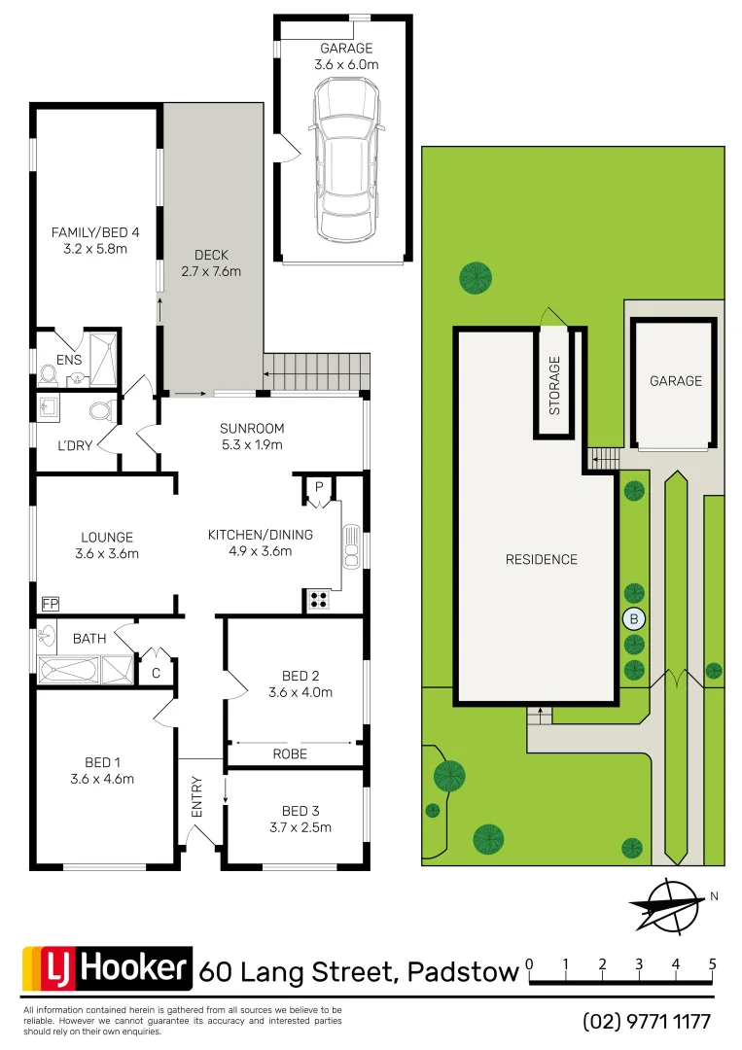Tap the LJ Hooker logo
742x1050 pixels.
pos(106,967)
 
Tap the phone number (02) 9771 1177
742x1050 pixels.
pos(647,1022)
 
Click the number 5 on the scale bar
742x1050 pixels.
pos(713,964)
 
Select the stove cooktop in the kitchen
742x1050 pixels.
pos(318,600)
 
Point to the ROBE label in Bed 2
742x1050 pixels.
pos(290,753)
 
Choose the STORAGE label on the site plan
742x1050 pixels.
pos(555,386)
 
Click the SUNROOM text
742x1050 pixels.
pos(251,429)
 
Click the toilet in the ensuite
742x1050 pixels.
pos(50,374)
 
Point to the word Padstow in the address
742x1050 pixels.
pos(462,971)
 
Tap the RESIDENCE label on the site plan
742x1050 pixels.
pos(541,559)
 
